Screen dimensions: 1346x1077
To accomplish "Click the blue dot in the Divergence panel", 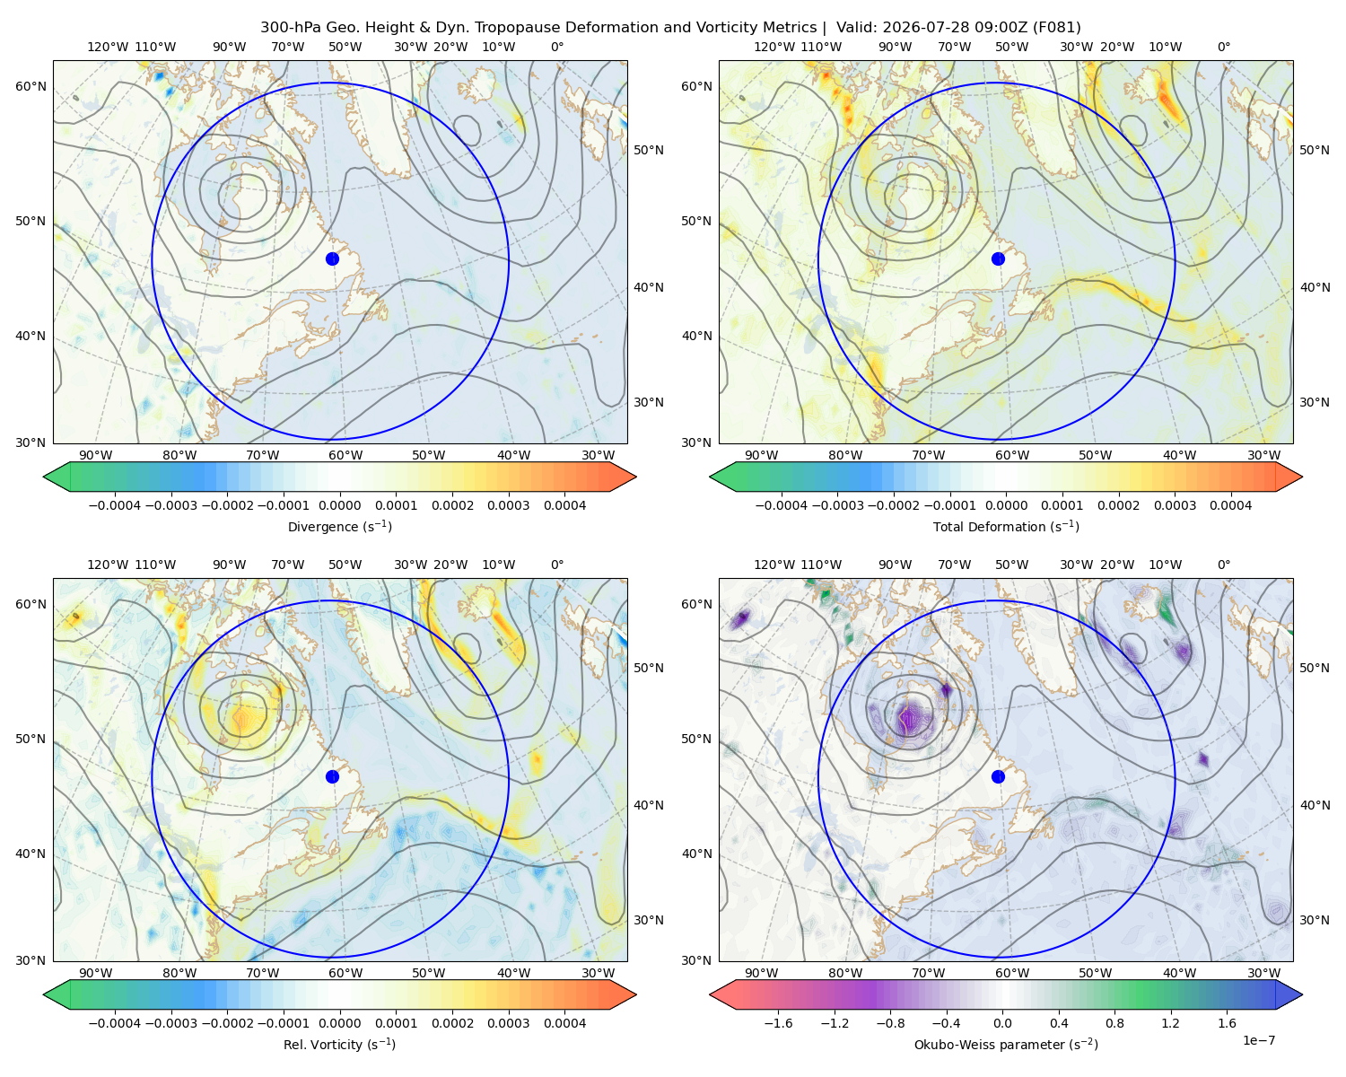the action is click(x=332, y=258).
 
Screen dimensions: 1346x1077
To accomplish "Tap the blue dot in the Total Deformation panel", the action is click(x=998, y=258).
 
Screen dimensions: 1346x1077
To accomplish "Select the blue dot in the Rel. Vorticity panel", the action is click(x=332, y=776).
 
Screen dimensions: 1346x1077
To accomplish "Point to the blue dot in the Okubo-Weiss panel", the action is click(x=998, y=776).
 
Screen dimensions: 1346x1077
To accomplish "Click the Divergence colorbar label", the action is click(x=339, y=526).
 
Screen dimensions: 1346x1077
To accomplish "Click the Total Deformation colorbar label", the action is click(x=1006, y=526).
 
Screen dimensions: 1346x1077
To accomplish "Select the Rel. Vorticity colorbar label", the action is click(x=339, y=1044).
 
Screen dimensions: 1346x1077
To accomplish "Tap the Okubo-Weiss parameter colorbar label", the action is click(x=1006, y=1044).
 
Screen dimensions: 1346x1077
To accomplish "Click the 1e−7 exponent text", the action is click(x=1258, y=1040).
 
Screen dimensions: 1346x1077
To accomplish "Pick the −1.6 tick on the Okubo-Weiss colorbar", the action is click(x=778, y=1022).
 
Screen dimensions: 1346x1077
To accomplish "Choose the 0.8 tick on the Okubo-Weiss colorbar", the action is click(x=1114, y=1022).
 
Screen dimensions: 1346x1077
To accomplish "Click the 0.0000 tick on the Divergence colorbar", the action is click(x=339, y=505).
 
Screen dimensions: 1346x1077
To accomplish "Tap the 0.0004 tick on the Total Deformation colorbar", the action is click(x=1230, y=505).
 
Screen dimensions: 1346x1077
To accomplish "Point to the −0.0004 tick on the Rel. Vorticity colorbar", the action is click(x=115, y=1022).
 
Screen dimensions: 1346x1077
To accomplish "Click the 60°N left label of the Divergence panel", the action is click(x=31, y=86).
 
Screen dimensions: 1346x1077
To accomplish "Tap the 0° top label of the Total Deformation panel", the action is click(x=1223, y=47).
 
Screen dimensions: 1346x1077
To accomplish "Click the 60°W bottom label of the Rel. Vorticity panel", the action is click(x=345, y=973).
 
